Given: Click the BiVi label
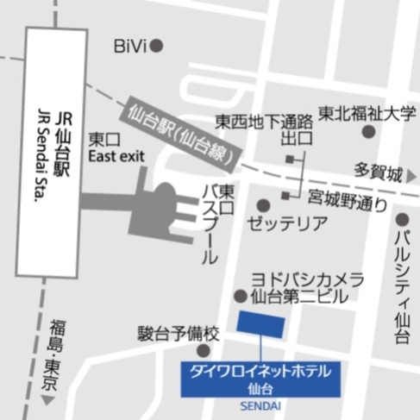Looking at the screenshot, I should pos(129,46).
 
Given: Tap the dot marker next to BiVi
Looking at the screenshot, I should pos(157,45).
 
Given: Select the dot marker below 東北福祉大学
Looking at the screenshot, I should pos(369,132).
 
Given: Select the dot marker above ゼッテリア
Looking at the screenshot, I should pos(263,205).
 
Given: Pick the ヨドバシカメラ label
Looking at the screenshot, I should pos(307,280).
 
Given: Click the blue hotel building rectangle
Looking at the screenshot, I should pos(261,326).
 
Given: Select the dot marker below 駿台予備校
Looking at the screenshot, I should pos(203,350).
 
